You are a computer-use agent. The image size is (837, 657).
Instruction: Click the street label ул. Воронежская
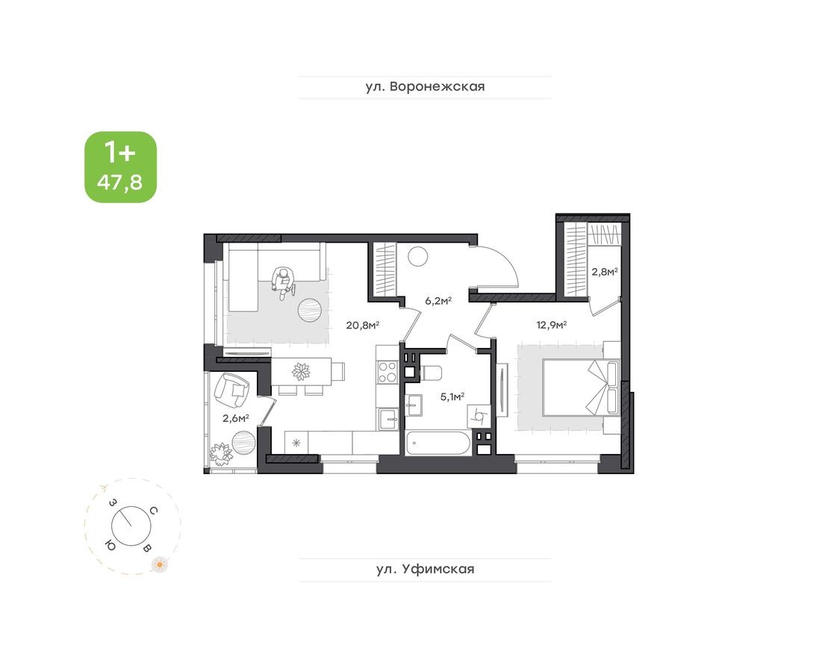(425, 87)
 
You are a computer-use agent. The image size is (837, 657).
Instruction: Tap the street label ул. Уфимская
(425, 570)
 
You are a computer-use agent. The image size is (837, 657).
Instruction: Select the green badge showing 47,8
(121, 167)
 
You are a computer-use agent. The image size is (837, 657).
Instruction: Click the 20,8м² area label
(363, 325)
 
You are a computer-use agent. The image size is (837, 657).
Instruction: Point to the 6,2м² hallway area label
(438, 301)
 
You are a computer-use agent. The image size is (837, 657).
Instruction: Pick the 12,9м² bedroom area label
(551, 325)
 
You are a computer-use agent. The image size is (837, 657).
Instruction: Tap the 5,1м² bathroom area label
(452, 397)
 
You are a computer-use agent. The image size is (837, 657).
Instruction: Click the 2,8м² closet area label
(604, 273)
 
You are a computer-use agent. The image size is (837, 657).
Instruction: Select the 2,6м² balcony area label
(235, 418)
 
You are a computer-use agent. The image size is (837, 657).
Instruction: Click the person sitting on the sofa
(283, 282)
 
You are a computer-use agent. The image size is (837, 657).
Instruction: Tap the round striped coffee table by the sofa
(311, 308)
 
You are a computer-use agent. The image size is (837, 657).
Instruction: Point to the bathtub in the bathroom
(438, 443)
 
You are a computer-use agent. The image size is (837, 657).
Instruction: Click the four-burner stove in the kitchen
(387, 371)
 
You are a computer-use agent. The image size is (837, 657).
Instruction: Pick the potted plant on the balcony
(221, 452)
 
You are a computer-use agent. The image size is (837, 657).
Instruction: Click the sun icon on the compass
(158, 564)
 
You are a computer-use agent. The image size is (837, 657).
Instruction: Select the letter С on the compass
(152, 511)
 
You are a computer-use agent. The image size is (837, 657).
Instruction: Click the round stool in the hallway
(417, 257)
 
